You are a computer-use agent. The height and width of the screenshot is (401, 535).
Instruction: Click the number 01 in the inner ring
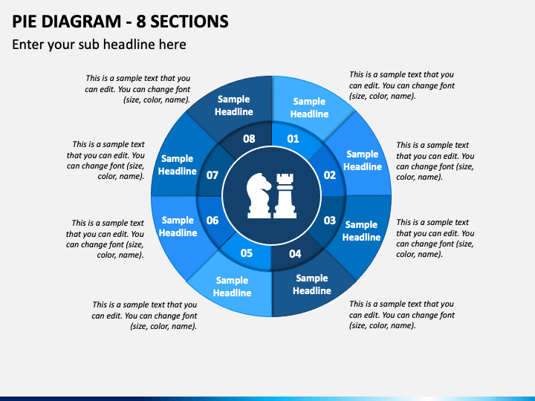[x=293, y=139]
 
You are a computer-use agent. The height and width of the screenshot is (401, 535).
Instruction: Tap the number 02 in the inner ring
[x=330, y=175]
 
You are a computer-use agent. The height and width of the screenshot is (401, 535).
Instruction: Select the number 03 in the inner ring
[x=330, y=221]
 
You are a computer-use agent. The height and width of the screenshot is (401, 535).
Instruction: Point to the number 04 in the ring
[x=295, y=254]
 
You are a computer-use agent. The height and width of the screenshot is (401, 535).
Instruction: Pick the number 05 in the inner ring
[x=247, y=253]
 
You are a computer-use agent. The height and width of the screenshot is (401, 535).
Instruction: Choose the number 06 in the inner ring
[x=213, y=221]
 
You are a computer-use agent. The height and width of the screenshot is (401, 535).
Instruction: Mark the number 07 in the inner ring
[x=213, y=175]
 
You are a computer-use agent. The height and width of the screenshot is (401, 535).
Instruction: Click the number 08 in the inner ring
[x=249, y=139]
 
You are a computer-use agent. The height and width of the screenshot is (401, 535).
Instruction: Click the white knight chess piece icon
[x=259, y=195]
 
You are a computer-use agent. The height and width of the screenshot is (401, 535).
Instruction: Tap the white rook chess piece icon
[x=284, y=195]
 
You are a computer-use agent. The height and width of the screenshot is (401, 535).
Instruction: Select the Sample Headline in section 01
[x=309, y=108]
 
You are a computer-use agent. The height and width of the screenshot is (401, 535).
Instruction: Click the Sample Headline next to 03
[x=361, y=231]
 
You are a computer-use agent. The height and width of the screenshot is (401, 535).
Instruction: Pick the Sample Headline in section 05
[x=232, y=287]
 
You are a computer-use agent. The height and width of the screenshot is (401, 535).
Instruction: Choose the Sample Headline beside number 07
[x=177, y=165]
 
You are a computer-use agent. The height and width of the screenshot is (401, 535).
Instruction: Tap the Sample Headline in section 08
[x=234, y=105]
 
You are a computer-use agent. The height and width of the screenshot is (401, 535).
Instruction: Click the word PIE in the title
[x=27, y=21]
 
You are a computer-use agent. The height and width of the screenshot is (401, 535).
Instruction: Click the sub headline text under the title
[x=99, y=45]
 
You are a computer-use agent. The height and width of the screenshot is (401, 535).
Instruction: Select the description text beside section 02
[x=435, y=161]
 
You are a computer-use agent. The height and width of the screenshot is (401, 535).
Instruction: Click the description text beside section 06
[x=105, y=238]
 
